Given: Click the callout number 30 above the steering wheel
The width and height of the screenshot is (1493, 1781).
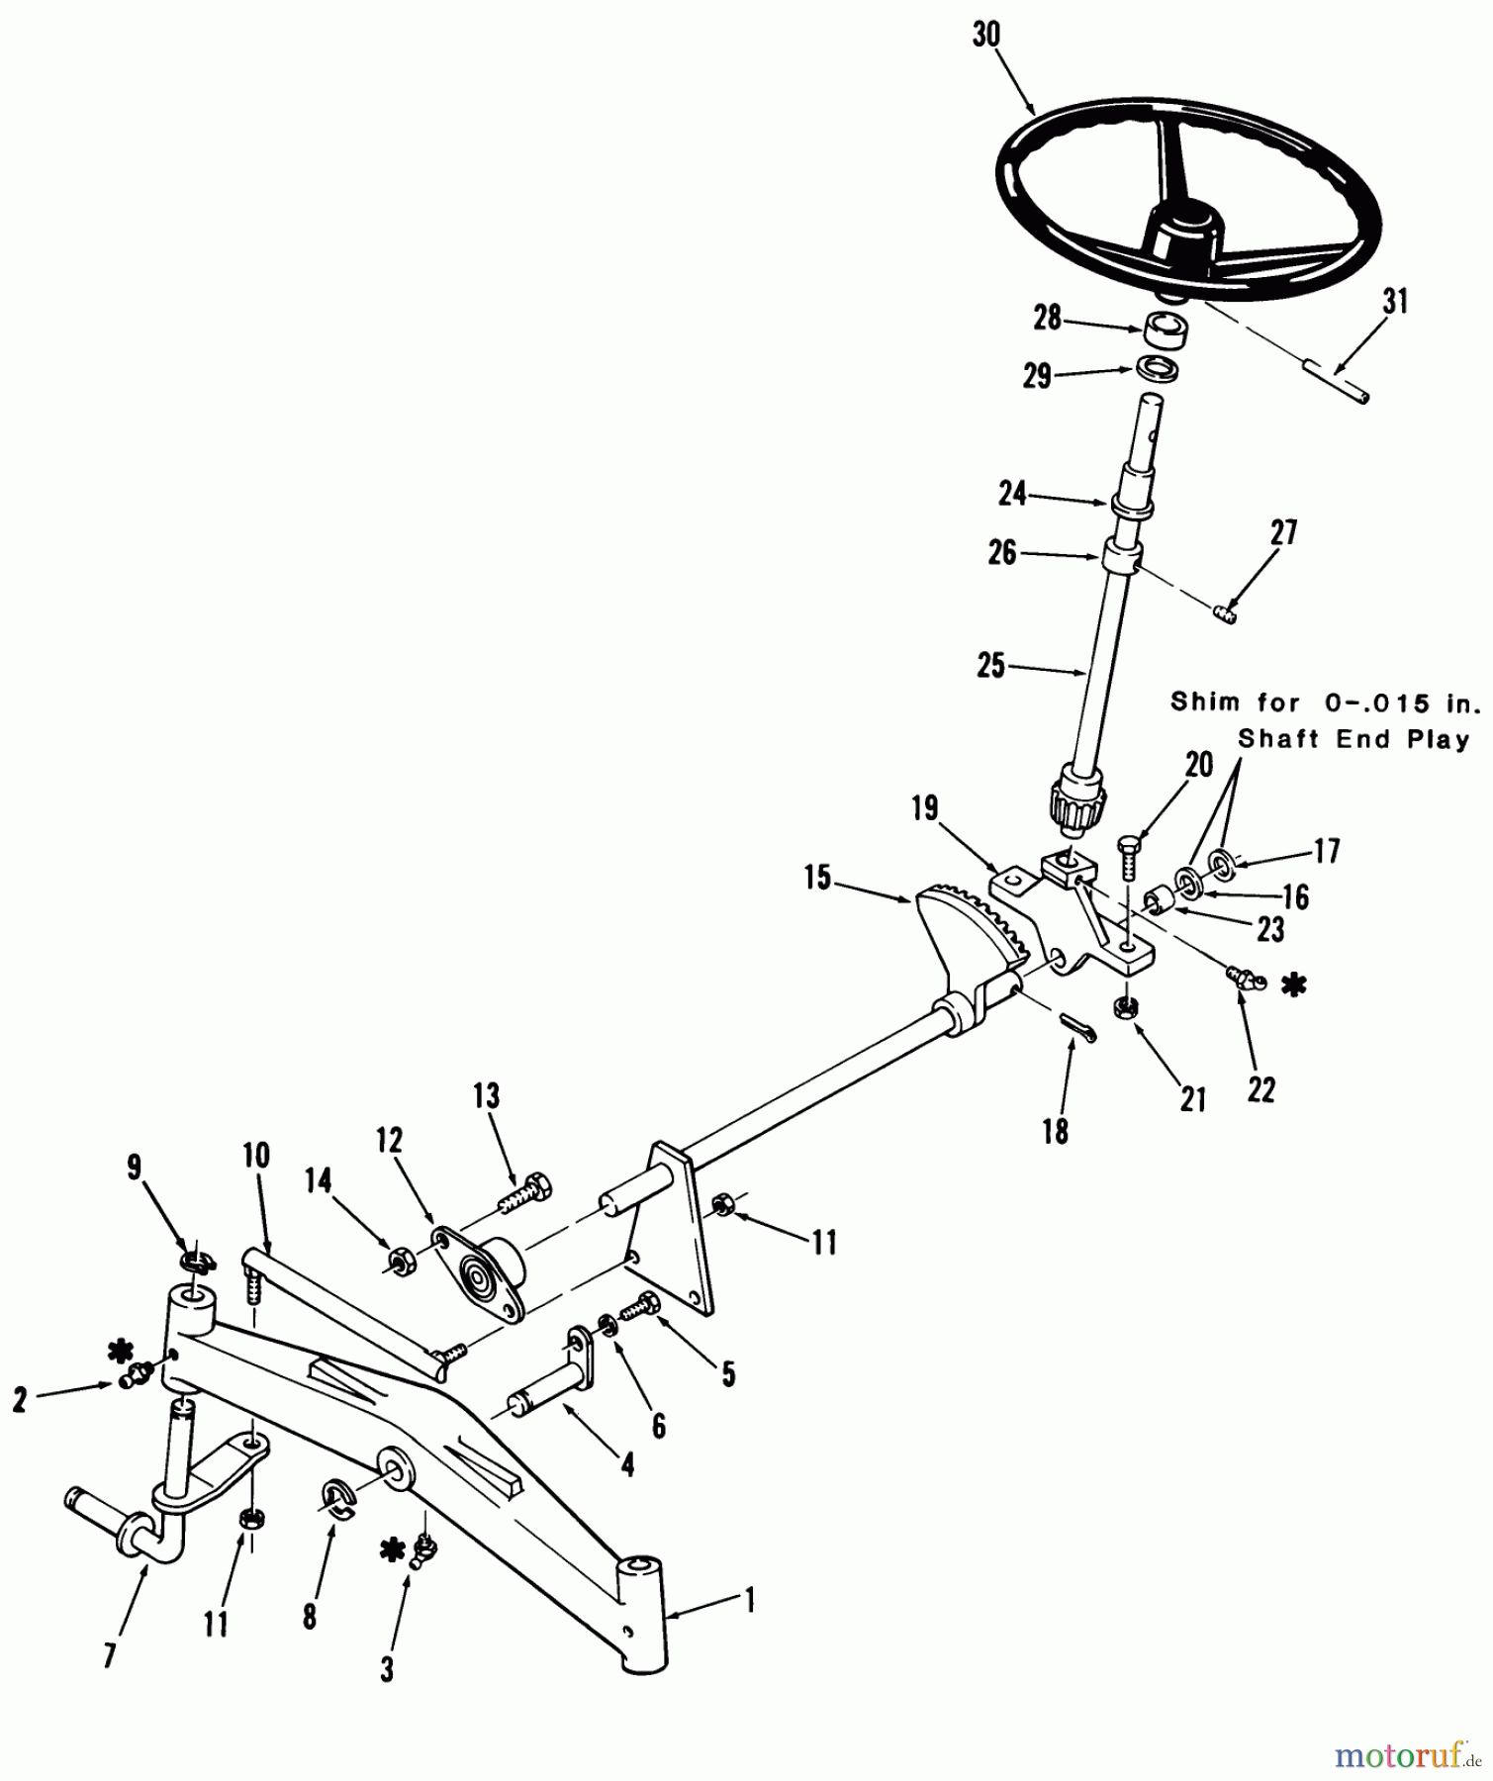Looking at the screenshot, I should (x=986, y=35).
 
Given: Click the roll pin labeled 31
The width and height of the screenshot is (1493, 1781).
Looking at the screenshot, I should (x=1336, y=383).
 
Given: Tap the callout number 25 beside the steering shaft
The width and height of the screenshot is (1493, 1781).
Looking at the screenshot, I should (x=991, y=666).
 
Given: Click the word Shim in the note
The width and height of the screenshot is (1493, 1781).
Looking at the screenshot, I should (x=1205, y=703).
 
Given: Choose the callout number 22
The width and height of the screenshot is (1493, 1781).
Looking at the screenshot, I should (x=1261, y=1089).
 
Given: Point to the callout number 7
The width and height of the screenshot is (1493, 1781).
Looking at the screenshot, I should (x=109, y=1653).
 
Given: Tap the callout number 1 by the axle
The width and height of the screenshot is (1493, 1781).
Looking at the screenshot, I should (x=749, y=1601).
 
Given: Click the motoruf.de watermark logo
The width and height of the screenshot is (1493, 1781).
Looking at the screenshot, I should (x=1406, y=1754).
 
